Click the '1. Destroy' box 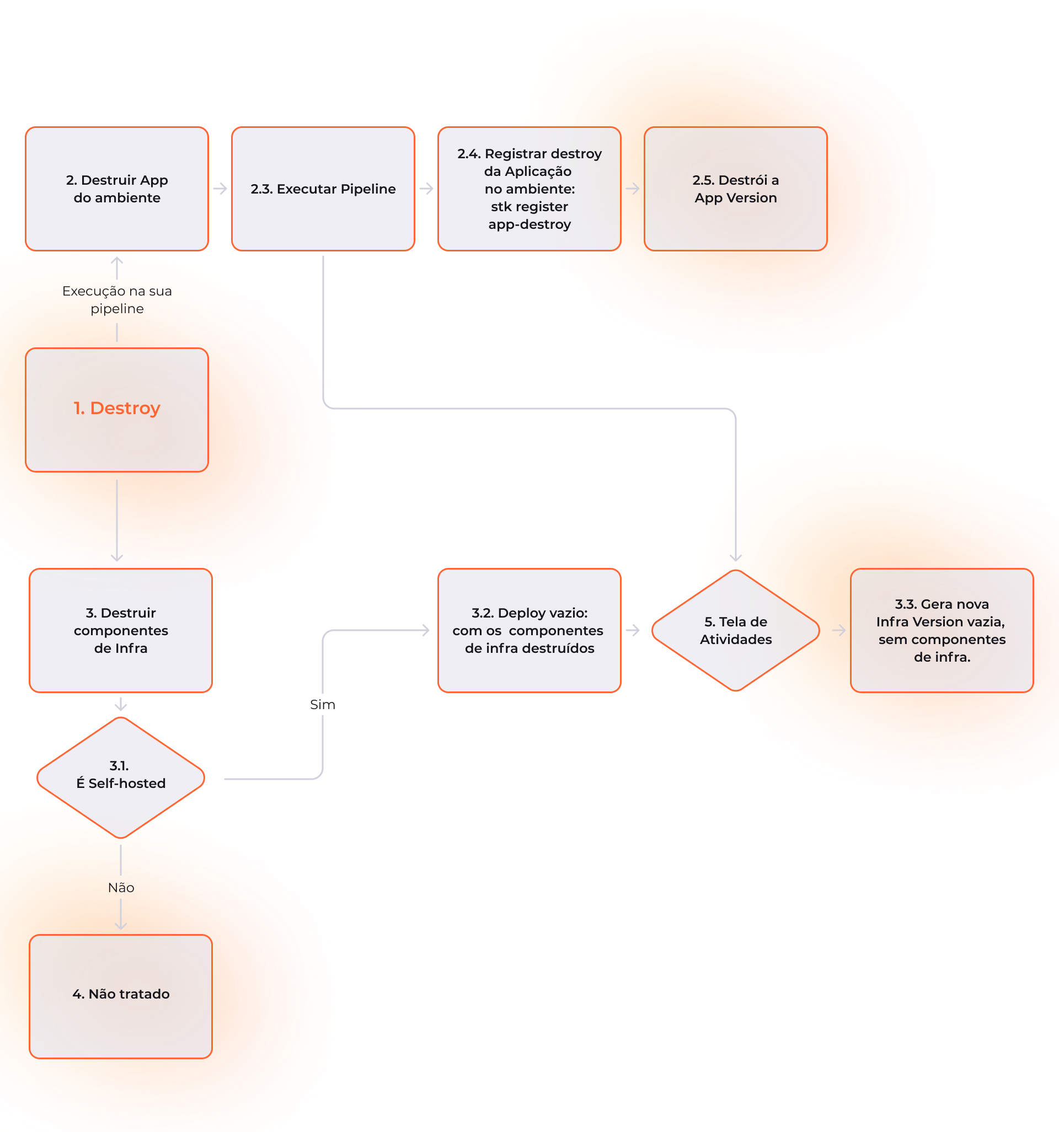[x=117, y=410]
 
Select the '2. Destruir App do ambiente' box [x=117, y=189]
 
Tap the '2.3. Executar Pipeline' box [x=323, y=189]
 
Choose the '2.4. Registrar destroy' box [x=529, y=189]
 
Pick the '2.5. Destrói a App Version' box [x=735, y=189]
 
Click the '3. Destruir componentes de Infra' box [x=121, y=630]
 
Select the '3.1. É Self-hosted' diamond [x=121, y=777]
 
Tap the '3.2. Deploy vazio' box [x=529, y=630]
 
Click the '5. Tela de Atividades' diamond [x=735, y=630]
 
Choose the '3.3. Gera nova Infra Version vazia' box [x=942, y=630]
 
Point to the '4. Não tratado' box [x=121, y=996]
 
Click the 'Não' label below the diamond [x=121, y=887]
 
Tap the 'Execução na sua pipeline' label [x=117, y=299]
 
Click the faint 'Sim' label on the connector [x=323, y=704]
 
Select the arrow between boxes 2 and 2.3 [x=220, y=189]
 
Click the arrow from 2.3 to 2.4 [x=426, y=189]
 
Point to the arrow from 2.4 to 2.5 [x=632, y=189]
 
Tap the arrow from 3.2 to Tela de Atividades [x=632, y=630]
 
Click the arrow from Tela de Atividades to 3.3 [x=838, y=630]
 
